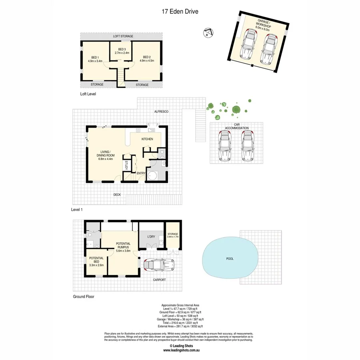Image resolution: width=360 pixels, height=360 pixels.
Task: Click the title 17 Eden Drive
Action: pos(180,12)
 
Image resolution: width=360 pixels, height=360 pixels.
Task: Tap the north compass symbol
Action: pos(208,33)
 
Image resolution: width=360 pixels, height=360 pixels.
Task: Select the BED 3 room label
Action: pos(122,49)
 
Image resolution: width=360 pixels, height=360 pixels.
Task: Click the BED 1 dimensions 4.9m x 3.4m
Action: pos(95,61)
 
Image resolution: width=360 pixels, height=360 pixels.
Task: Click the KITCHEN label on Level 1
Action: pos(147,139)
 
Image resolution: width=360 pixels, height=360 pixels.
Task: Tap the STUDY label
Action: pos(126,165)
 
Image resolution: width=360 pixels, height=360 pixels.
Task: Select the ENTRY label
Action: pos(141,173)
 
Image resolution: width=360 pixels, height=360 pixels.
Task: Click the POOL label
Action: pos(230,259)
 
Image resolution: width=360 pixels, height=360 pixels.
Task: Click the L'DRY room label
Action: pos(151,237)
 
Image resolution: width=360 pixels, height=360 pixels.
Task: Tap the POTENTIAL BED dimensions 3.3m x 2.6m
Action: pos(96,265)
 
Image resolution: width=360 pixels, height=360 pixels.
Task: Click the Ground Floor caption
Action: pos(84,297)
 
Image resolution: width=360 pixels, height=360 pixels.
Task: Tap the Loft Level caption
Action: pos(88,94)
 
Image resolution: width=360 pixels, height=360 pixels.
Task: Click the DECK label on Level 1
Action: pos(117,195)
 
